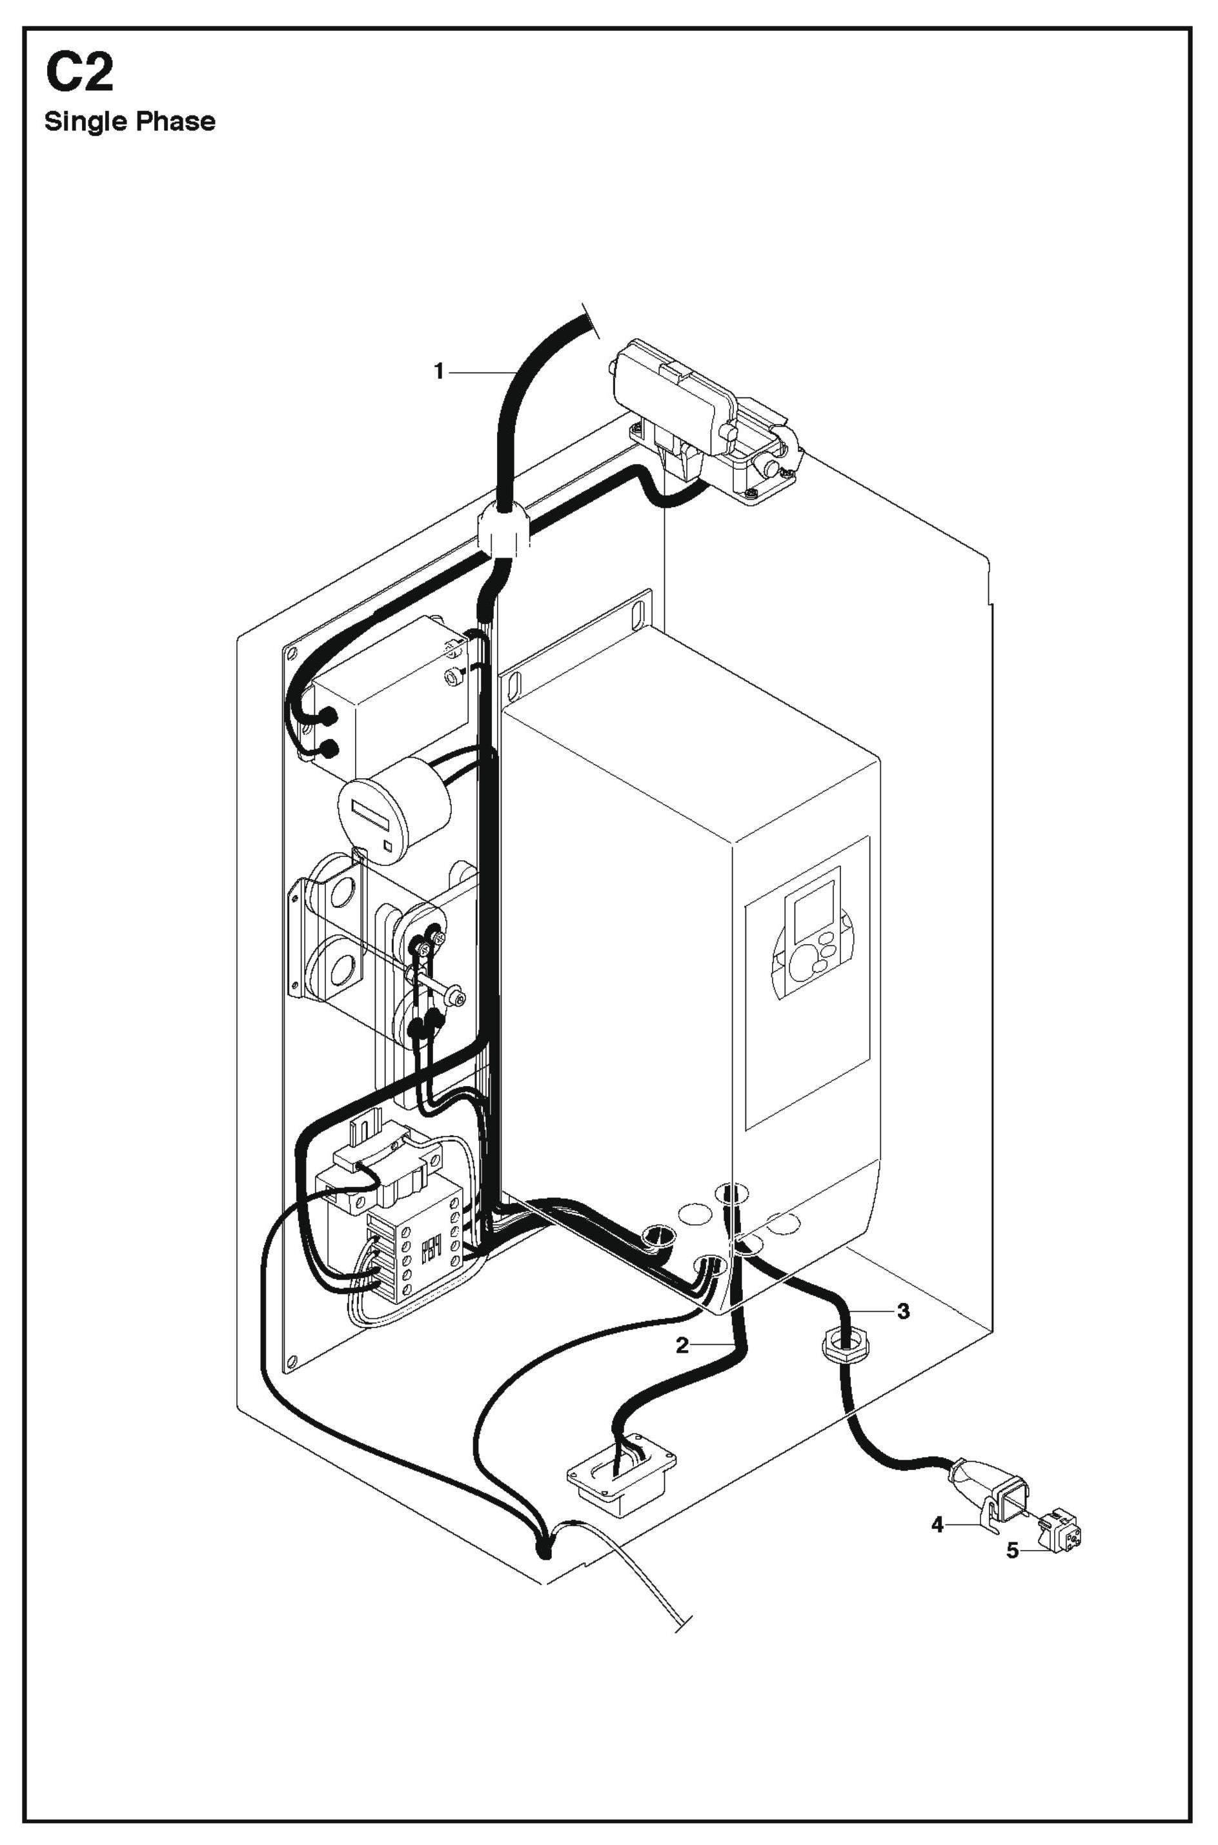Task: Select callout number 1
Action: (439, 372)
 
